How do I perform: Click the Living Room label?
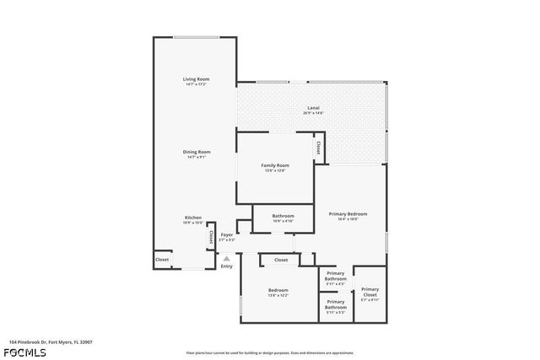[x=196, y=79]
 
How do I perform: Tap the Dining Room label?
[x=196, y=152]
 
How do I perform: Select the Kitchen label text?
[x=193, y=218]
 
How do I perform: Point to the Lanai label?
[x=313, y=107]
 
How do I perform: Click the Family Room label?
[x=274, y=165]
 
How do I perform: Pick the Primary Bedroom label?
[x=348, y=214]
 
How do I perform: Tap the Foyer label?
[x=227, y=234]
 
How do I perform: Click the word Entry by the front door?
[x=226, y=267]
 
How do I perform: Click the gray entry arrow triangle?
[x=225, y=259]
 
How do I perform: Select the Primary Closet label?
[x=370, y=291]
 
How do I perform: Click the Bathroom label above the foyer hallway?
[x=283, y=216]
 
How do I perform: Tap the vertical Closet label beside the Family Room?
[x=317, y=148]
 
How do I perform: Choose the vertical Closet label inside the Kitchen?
[x=208, y=239]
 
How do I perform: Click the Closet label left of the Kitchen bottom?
[x=162, y=260]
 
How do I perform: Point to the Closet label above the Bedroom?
[x=281, y=260]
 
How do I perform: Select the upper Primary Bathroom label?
[x=335, y=276]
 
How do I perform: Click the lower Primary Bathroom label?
[x=335, y=304]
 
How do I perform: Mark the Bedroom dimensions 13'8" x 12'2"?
[x=278, y=295]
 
